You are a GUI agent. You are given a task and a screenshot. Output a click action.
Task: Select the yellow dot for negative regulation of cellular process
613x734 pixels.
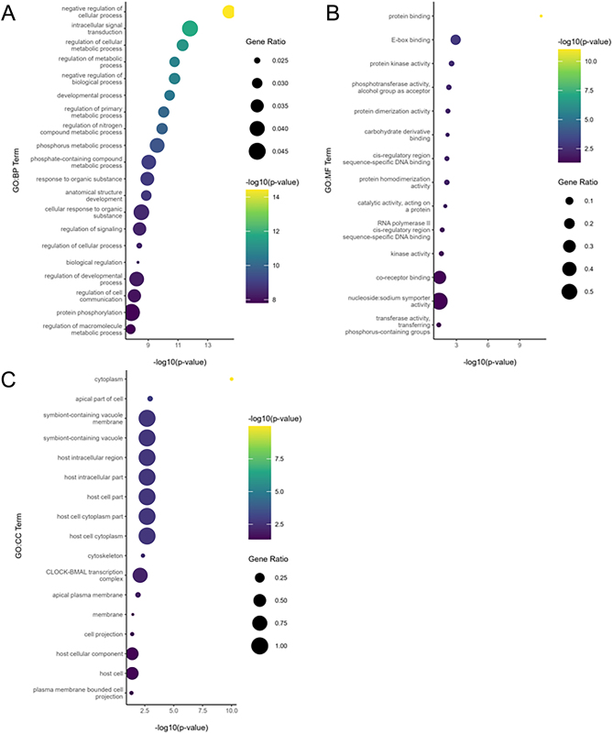coord(229,11)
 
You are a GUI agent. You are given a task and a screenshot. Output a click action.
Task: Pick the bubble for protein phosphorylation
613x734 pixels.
coord(132,312)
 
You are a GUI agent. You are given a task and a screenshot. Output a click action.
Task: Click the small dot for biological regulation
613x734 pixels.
coord(137,262)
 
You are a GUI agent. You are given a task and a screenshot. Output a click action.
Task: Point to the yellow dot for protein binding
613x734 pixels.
coord(542,16)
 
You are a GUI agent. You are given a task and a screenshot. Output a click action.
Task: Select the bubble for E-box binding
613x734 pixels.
coord(455,39)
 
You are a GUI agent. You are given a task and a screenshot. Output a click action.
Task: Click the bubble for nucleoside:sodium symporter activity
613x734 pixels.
coord(439,301)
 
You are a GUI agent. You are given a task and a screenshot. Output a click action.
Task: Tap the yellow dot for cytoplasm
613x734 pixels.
coord(232,378)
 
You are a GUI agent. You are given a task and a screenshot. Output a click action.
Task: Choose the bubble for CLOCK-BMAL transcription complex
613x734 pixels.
coord(140,575)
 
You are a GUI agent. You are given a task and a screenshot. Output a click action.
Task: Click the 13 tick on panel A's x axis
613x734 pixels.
coord(208,345)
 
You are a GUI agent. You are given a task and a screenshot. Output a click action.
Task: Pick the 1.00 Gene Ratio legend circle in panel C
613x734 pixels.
coord(259,646)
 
